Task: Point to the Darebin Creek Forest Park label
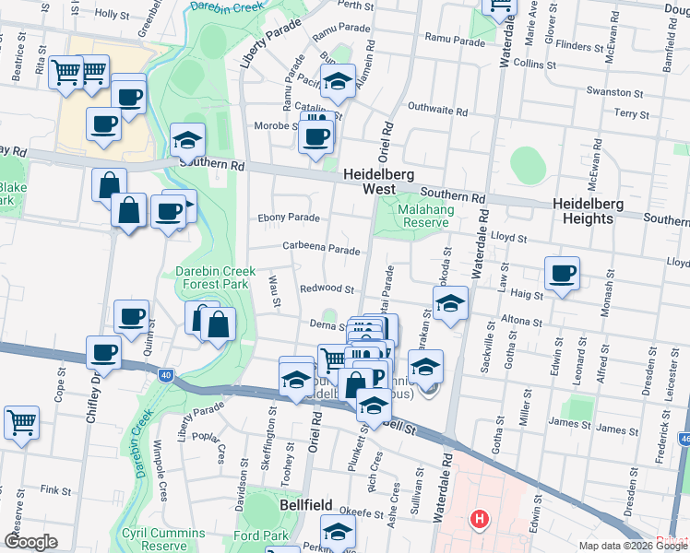213,278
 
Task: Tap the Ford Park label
262,535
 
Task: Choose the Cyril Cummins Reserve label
163,539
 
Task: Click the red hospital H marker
478,520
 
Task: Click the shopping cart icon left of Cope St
21,422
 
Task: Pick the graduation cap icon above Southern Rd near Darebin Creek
188,140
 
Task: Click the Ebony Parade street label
290,218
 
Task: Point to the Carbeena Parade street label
321,250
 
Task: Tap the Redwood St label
327,288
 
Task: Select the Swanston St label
617,93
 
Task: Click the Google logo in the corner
31,542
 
